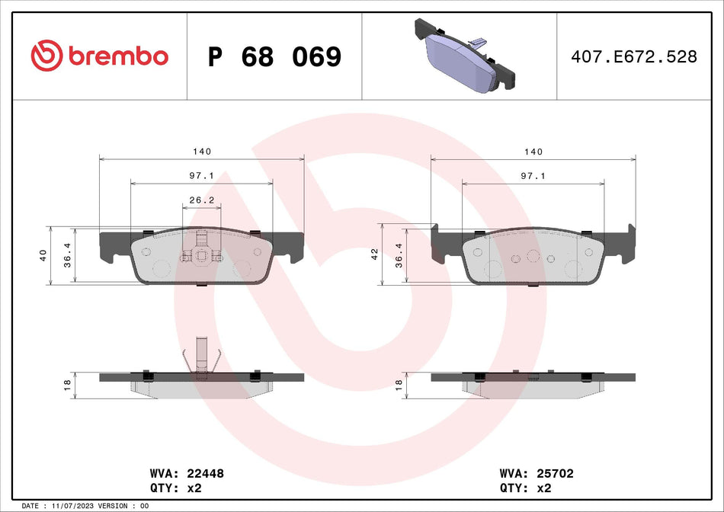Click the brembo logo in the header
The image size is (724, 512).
[99, 56]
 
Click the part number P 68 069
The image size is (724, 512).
[274, 56]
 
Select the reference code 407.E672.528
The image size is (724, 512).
[634, 56]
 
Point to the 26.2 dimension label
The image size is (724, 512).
[201, 200]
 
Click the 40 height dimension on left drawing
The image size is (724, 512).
[43, 255]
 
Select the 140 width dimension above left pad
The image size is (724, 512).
[202, 152]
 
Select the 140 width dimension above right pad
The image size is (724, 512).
[533, 152]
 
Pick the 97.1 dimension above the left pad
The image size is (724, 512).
[201, 175]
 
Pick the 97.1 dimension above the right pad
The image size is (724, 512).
[533, 175]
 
